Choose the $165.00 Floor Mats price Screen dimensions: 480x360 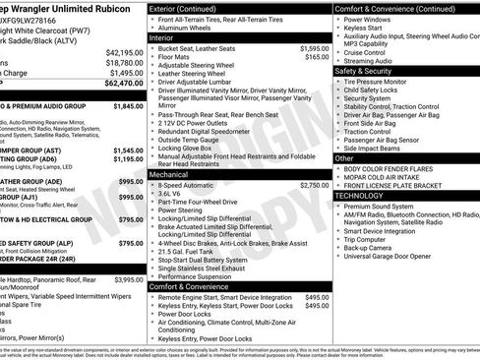(x=317, y=57)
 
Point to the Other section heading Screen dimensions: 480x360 (x=345, y=157)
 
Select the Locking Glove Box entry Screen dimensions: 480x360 (x=192, y=147)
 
